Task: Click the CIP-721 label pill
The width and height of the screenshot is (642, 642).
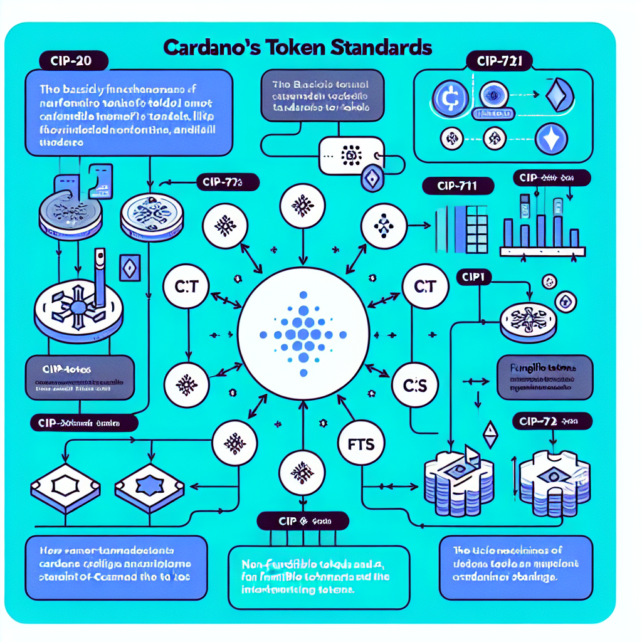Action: (x=499, y=61)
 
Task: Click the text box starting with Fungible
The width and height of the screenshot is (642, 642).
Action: (x=545, y=378)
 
